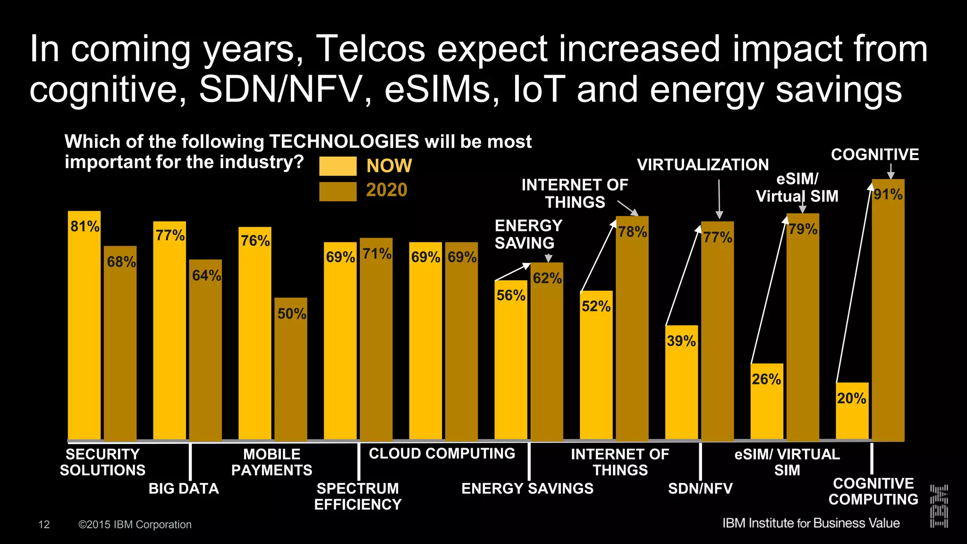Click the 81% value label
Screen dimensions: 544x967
85,227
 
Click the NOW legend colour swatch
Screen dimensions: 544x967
338,166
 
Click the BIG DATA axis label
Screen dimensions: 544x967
184,488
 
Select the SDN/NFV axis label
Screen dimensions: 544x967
700,488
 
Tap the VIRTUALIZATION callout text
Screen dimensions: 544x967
703,165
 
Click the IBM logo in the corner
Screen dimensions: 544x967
939,506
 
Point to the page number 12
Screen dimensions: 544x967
44,525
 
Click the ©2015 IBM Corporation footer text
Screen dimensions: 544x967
135,525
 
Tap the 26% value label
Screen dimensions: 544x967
766,379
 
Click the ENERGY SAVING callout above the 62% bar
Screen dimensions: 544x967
528,234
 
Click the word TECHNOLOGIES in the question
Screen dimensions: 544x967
344,142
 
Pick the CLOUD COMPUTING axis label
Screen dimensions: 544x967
442,454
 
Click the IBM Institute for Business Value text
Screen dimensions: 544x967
811,523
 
